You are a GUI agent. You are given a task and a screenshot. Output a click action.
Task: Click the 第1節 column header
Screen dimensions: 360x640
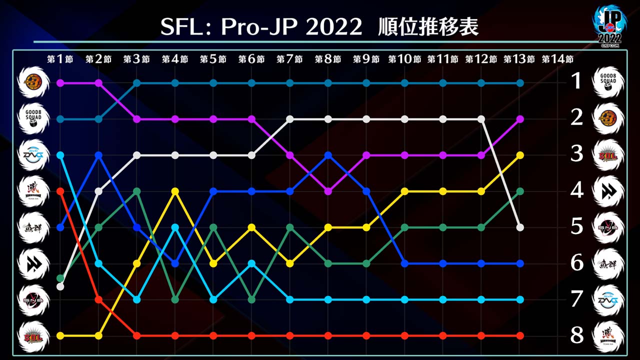60,59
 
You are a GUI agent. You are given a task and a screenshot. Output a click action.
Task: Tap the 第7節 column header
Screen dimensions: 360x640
289,59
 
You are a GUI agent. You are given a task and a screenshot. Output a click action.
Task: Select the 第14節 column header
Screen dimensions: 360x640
557,59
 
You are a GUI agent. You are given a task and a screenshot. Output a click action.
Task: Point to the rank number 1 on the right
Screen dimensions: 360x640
577,81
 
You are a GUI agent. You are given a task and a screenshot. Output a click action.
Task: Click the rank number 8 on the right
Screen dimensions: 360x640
577,335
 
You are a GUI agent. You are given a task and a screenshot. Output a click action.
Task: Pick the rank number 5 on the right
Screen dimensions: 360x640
577,226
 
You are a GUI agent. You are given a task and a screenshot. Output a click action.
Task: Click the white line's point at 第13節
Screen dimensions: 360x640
520,227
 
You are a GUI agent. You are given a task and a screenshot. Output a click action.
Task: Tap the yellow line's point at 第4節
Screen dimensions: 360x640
175,191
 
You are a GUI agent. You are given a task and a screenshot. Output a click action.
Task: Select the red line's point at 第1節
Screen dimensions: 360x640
60,191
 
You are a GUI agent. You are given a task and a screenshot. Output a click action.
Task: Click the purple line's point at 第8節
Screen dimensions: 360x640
328,191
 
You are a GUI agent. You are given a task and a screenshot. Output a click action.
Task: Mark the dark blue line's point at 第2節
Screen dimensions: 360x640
98,155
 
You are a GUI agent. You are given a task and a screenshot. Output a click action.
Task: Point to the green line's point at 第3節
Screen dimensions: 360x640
136,191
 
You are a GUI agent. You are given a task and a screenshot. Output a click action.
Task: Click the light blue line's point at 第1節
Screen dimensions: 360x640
60,155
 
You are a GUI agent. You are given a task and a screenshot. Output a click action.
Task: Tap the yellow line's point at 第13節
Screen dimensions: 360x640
520,155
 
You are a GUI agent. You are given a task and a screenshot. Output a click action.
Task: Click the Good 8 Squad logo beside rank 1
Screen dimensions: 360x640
608,82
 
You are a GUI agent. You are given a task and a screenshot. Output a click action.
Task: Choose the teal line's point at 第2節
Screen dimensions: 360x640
98,119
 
